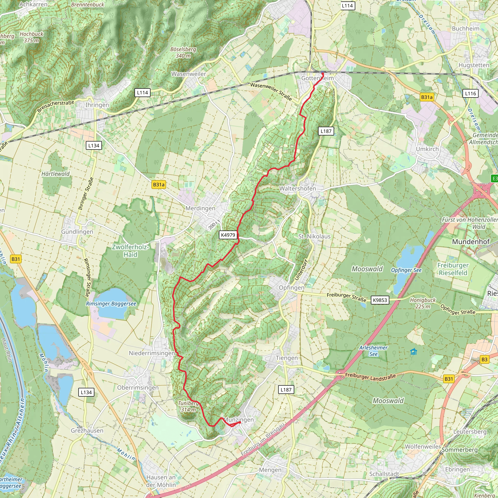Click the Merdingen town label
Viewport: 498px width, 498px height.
click(x=200, y=208)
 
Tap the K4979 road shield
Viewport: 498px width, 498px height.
click(x=228, y=235)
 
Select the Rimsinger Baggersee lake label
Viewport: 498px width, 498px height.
click(x=111, y=304)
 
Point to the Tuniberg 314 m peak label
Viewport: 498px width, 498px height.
click(x=188, y=406)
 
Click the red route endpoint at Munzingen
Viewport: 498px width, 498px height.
click(x=240, y=422)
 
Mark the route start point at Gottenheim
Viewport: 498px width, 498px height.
click(x=322, y=74)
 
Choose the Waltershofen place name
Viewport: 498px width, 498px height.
click(x=297, y=188)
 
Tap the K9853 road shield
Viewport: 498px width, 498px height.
click(x=380, y=300)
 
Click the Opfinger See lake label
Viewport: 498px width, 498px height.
click(x=406, y=270)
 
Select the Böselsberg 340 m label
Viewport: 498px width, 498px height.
click(x=183, y=52)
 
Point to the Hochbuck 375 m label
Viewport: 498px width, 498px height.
click(x=31, y=37)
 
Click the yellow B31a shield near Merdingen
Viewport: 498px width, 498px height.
click(x=159, y=185)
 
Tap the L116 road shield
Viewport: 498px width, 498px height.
click(x=471, y=93)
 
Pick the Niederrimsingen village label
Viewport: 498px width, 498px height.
click(x=152, y=353)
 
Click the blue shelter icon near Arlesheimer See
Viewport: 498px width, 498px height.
click(x=413, y=352)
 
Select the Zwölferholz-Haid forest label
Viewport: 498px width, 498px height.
click(x=130, y=250)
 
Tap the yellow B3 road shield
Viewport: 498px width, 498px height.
click(x=484, y=359)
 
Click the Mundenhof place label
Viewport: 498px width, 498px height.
click(x=471, y=241)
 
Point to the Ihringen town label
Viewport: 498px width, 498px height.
click(x=97, y=105)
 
